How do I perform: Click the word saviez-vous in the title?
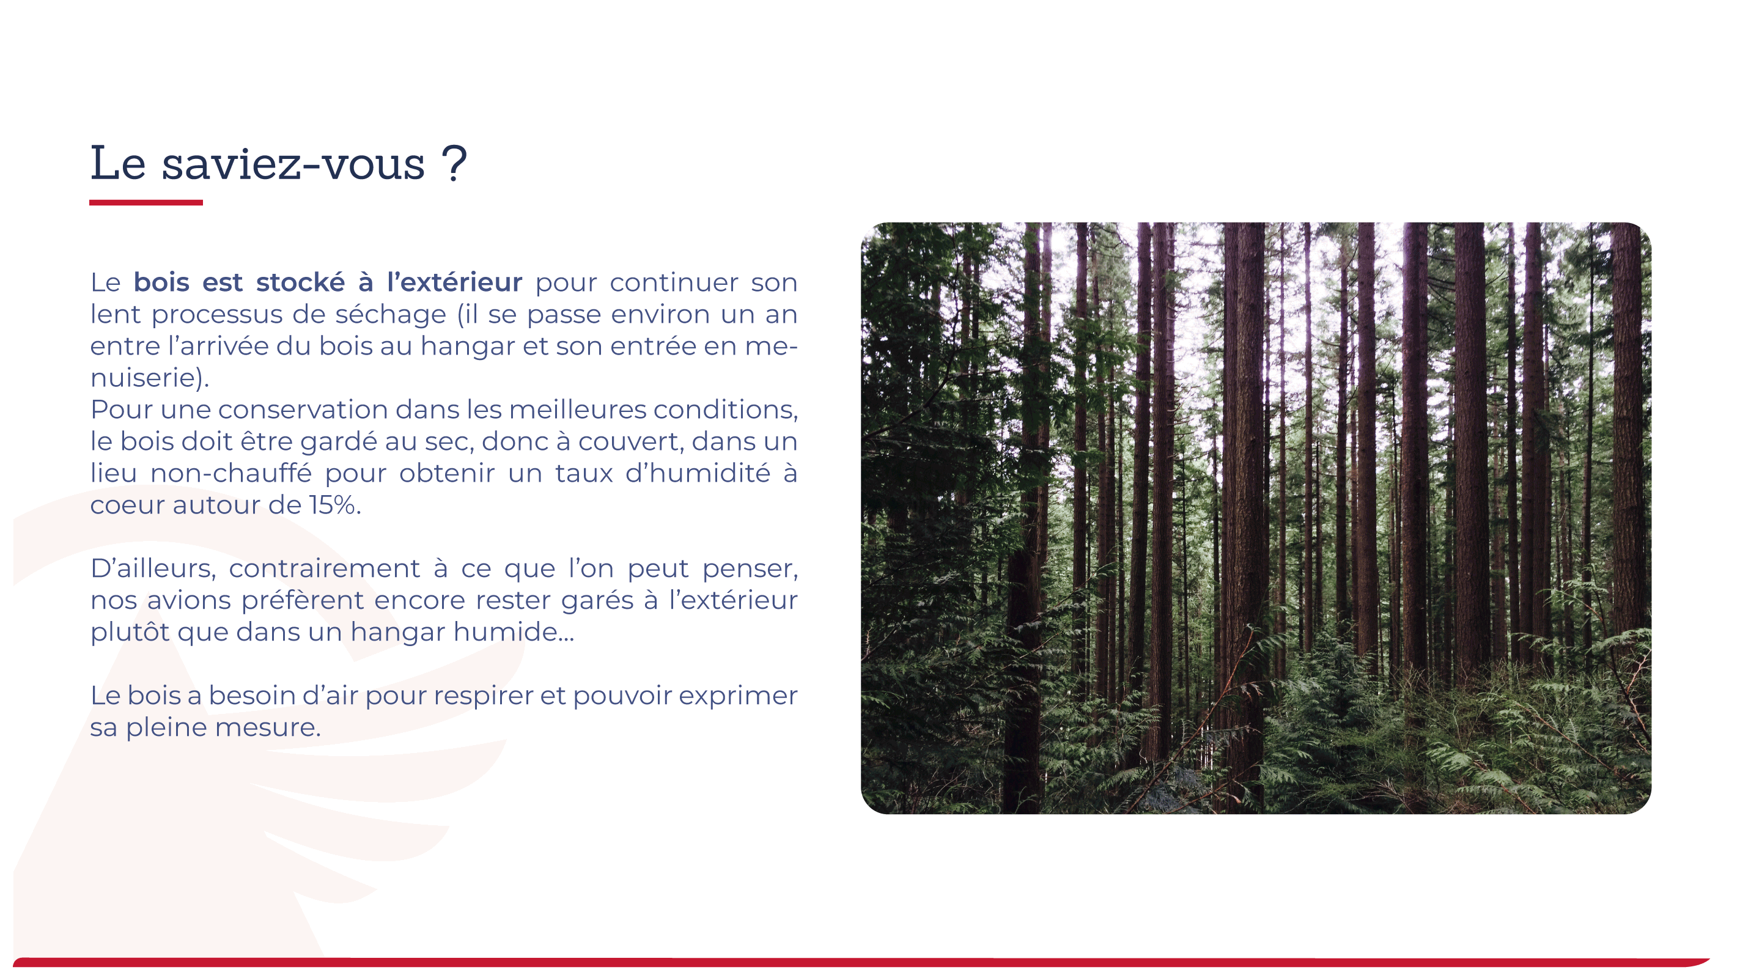293,164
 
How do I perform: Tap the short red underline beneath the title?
146,202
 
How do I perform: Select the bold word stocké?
301,282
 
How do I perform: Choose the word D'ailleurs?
153,568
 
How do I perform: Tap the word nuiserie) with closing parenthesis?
150,378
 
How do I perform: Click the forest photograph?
1256,518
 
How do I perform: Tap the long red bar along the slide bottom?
861,961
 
